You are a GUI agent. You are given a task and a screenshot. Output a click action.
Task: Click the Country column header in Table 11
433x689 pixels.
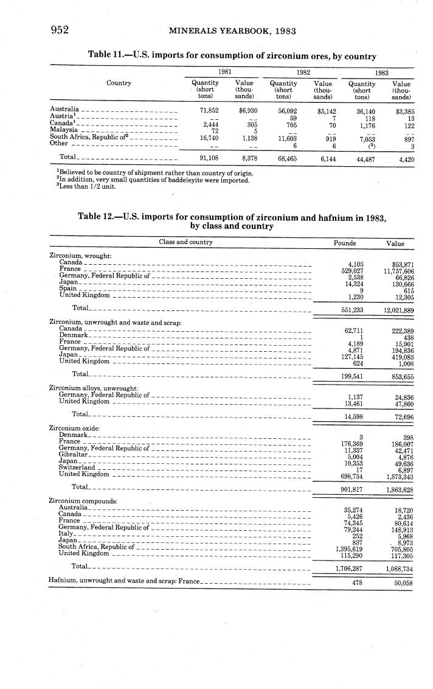coord(119,83)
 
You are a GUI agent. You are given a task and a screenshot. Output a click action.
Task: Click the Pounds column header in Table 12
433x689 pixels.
coord(345,242)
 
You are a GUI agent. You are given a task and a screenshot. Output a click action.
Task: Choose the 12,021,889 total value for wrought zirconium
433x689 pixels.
coord(399,310)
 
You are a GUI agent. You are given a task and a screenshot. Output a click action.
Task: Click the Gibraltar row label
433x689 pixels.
coord(74,455)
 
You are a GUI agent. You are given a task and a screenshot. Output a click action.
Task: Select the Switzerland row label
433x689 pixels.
coord(77,467)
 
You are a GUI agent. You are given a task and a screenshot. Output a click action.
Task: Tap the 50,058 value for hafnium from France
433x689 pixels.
coord(399,583)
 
